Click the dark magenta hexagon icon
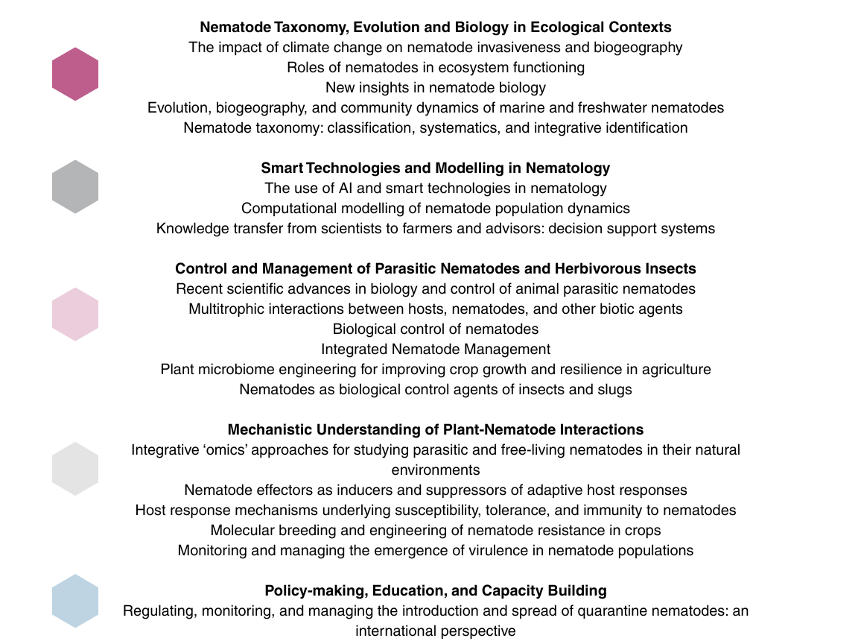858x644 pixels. (x=75, y=74)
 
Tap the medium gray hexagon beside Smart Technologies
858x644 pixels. (x=75, y=186)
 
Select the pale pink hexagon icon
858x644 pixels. (x=75, y=314)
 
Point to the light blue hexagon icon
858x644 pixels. (x=75, y=601)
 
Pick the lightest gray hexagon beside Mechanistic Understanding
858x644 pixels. (x=75, y=469)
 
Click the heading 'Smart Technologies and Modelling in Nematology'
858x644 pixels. (x=435, y=168)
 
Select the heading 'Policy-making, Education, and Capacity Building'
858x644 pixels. (x=435, y=590)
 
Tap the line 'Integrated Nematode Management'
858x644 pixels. (x=436, y=349)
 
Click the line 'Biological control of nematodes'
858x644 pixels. (x=436, y=329)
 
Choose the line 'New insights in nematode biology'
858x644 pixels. (x=436, y=87)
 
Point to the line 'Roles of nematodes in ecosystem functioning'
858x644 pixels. (x=436, y=67)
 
